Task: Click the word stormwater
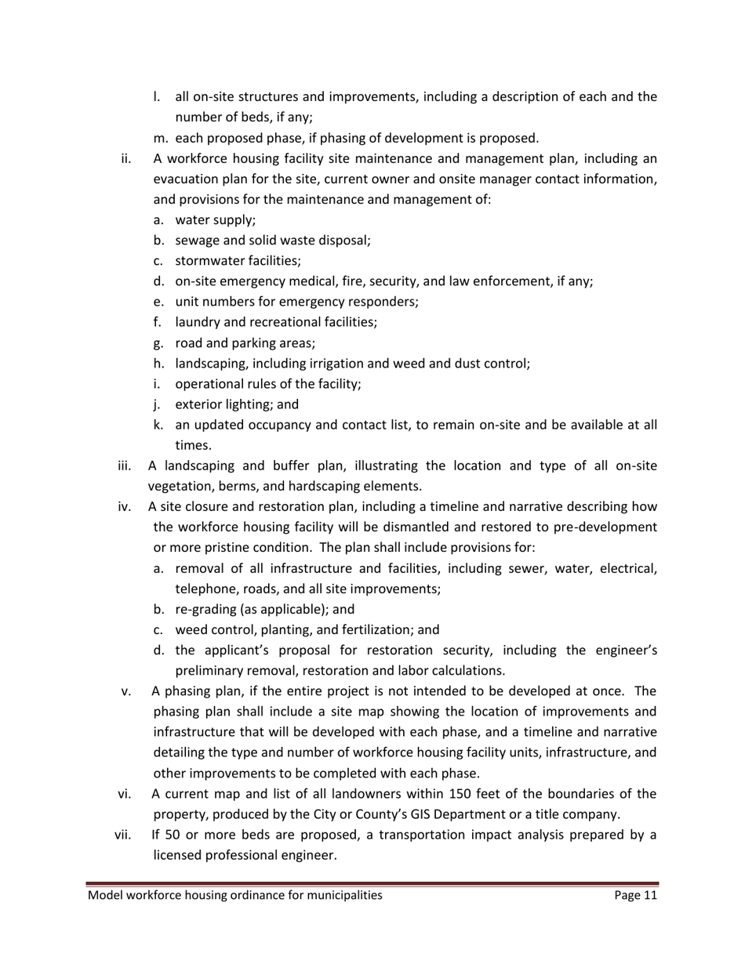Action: point(209,261)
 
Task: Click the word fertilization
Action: point(376,629)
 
